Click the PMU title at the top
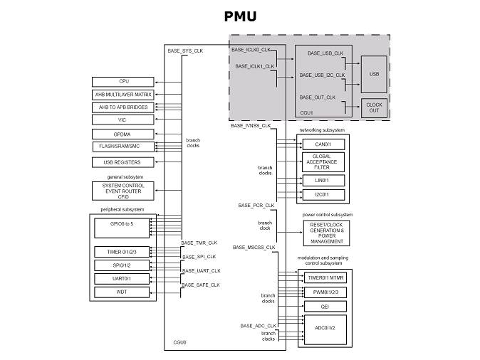(239, 16)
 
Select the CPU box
(124, 82)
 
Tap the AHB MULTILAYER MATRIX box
(124, 95)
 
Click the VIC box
(124, 120)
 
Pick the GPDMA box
(124, 134)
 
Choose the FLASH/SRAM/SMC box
(124, 147)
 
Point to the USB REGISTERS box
(124, 162)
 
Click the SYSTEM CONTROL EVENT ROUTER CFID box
(124, 191)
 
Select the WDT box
(124, 292)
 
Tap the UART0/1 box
(124, 278)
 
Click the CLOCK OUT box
(374, 107)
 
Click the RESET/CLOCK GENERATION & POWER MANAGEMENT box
(327, 232)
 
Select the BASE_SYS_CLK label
(186, 51)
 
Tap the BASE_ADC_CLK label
(258, 325)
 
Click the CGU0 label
(179, 343)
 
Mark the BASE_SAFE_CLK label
(201, 285)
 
